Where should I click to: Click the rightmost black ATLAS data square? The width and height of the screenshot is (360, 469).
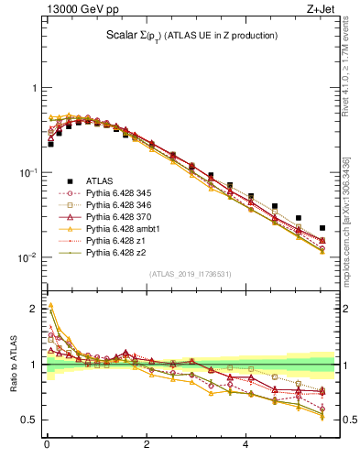click(x=322, y=228)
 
